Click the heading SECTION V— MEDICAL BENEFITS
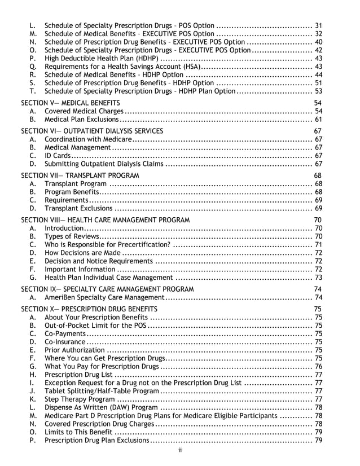[71, 103]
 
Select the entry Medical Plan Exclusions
[81, 120]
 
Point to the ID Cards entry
[58, 156]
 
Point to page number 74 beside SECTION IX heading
[318, 289]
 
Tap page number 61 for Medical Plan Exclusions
[318, 120]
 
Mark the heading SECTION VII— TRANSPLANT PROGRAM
[80, 175]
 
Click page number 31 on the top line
[318, 25]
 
